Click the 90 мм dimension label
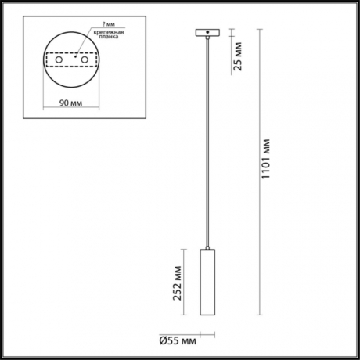(71, 102)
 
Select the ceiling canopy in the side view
(207, 34)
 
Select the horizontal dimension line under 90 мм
(71, 109)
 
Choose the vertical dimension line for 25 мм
(232, 55)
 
